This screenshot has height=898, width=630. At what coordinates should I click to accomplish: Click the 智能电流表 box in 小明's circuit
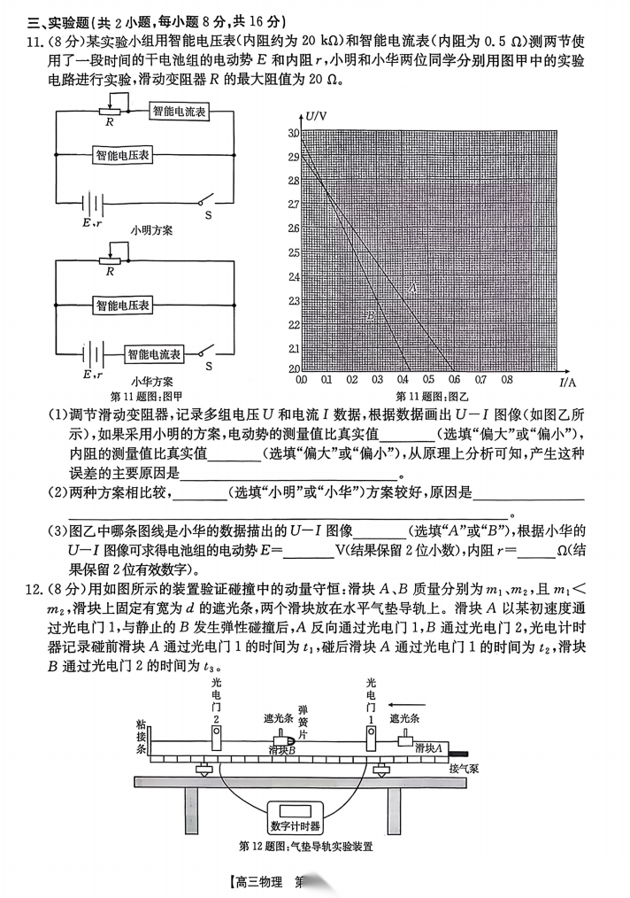pyautogui.click(x=179, y=112)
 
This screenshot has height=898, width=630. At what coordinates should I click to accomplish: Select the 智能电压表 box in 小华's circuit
pyautogui.click(x=123, y=306)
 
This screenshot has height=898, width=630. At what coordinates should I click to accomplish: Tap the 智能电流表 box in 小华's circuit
pyautogui.click(x=154, y=353)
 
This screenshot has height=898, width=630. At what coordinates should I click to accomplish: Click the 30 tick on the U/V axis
pyautogui.click(x=293, y=133)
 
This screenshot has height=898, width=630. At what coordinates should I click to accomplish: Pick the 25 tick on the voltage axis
pyautogui.click(x=293, y=252)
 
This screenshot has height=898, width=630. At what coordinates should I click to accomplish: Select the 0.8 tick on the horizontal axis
pyautogui.click(x=507, y=380)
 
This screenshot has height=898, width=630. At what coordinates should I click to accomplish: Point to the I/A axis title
pyautogui.click(x=567, y=382)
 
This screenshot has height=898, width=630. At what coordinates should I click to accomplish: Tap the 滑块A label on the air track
pyautogui.click(x=428, y=747)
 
